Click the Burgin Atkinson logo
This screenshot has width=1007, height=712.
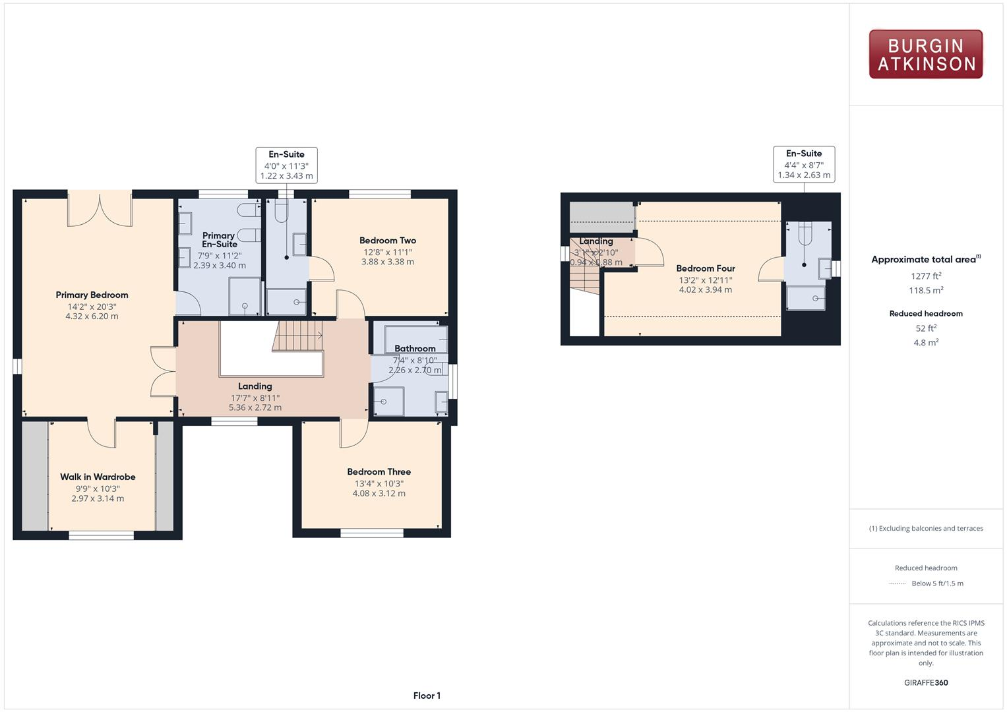(x=925, y=55)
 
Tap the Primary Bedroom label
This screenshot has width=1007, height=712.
(x=92, y=295)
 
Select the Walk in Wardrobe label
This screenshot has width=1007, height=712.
(x=98, y=477)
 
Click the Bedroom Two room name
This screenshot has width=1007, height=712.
(x=388, y=241)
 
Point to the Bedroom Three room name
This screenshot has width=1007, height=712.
(x=379, y=472)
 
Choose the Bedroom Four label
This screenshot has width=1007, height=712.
(x=706, y=268)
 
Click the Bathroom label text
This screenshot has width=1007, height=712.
(x=415, y=349)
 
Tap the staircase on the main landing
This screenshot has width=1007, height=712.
(x=297, y=336)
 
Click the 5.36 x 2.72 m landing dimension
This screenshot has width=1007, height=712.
(x=255, y=407)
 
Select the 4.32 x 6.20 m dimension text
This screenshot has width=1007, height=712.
(x=92, y=316)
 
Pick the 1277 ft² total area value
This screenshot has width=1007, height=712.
(x=926, y=276)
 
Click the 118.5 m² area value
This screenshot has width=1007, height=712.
(x=926, y=291)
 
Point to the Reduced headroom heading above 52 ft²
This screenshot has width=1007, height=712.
(x=926, y=314)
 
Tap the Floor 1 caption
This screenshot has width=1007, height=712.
(x=427, y=696)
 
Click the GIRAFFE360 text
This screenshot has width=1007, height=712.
(x=926, y=682)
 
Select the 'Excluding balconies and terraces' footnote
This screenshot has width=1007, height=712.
(x=926, y=528)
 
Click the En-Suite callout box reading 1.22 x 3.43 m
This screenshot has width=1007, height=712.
(x=286, y=165)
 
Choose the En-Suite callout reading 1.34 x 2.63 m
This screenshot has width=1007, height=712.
(x=804, y=164)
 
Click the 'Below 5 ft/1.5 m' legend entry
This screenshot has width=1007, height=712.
(x=937, y=583)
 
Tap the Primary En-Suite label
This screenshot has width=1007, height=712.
(x=219, y=240)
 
